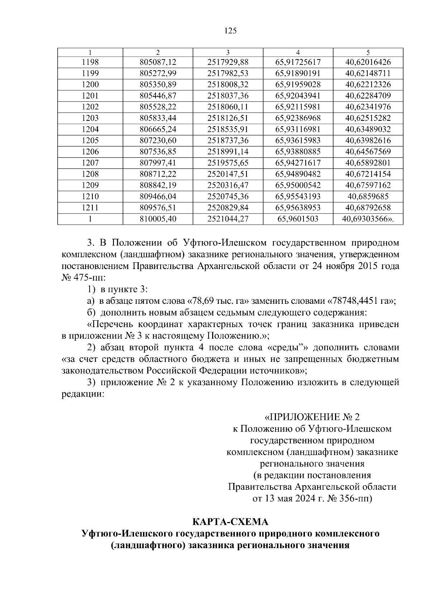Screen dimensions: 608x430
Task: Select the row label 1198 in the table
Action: pyautogui.click(x=90, y=62)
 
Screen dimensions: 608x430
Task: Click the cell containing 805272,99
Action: pyautogui.click(x=158, y=73)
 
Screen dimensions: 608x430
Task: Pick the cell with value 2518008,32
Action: pyautogui.click(x=228, y=85)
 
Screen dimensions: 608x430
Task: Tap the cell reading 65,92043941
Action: pyautogui.click(x=298, y=96)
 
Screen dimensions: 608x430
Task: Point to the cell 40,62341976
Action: pyautogui.click(x=368, y=107)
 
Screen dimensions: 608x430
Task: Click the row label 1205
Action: pyautogui.click(x=90, y=140)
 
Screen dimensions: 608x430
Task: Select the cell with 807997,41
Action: pyautogui.click(x=158, y=163)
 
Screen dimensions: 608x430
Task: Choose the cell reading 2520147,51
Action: pyautogui.click(x=228, y=174)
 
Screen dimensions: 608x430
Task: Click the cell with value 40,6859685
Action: pyautogui.click(x=368, y=196)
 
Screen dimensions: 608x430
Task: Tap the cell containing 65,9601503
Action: pyautogui.click(x=298, y=219)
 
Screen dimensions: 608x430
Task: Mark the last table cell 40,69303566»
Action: pyautogui.click(x=368, y=219)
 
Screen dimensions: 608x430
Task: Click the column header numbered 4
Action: pyautogui.click(x=298, y=52)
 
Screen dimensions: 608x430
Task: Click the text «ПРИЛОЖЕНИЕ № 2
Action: pyautogui.click(x=312, y=417)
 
